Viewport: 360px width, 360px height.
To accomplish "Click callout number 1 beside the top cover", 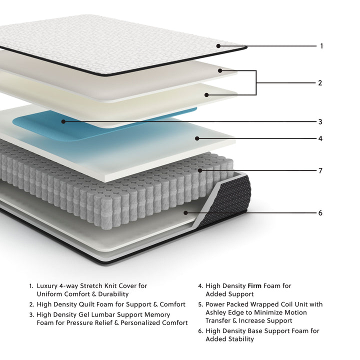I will (321, 46).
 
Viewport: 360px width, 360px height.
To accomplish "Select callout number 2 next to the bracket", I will (320, 83).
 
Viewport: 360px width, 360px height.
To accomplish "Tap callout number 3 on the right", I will (320, 121).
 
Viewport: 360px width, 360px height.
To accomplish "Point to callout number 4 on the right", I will (320, 138).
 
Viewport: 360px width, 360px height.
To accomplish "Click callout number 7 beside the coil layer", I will (320, 170).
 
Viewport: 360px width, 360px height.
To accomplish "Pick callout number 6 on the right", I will (320, 213).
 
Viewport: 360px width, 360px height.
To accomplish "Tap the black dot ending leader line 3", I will (63, 121).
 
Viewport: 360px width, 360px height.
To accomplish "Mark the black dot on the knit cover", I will (219, 46).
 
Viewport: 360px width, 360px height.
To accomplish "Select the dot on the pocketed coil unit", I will (200, 170).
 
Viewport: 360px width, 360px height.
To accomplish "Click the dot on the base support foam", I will (185, 212).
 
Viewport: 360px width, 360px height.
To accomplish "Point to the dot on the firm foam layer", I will (197, 138).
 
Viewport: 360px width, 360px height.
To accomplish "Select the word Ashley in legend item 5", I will (217, 312).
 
